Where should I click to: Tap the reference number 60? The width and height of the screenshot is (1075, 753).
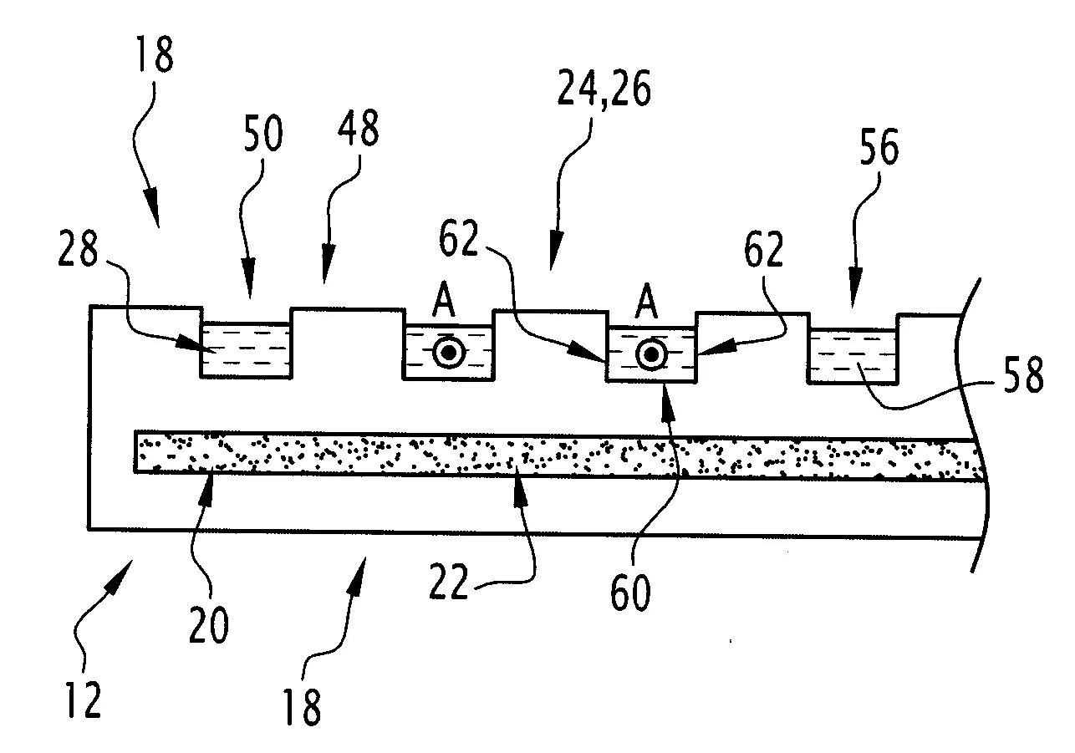tap(631, 596)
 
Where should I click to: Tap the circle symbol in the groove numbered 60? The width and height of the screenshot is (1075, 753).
tap(650, 354)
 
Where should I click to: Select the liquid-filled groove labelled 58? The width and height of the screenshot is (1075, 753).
tap(852, 356)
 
